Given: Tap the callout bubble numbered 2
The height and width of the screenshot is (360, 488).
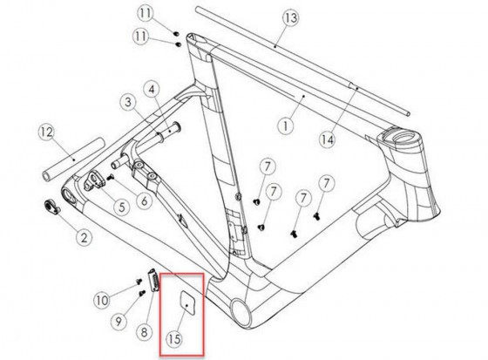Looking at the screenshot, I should coord(85,236).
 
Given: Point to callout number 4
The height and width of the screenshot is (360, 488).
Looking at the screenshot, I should coord(152,89).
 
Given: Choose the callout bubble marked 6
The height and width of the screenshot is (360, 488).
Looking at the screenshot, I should coord(143,199).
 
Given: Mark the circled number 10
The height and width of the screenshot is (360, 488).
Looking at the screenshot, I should coord(101,300).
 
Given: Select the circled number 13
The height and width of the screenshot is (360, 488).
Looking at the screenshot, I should coord(290,18).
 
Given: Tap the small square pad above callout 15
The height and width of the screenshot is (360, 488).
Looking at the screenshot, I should coord(186,302).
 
